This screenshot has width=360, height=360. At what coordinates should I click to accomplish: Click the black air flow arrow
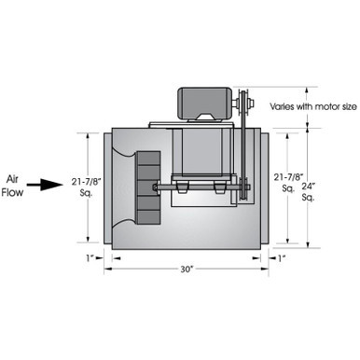[45, 185]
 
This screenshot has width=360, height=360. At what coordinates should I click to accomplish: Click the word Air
[12, 179]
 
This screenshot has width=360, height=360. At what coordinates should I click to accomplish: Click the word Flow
[12, 192]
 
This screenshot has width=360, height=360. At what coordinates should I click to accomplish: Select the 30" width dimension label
[187, 270]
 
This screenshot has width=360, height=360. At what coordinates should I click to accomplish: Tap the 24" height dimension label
[309, 187]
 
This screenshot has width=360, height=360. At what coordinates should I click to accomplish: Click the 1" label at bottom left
[90, 257]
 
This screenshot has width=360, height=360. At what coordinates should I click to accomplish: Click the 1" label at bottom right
[282, 258]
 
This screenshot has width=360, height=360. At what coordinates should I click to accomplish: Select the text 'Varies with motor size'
[313, 106]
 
